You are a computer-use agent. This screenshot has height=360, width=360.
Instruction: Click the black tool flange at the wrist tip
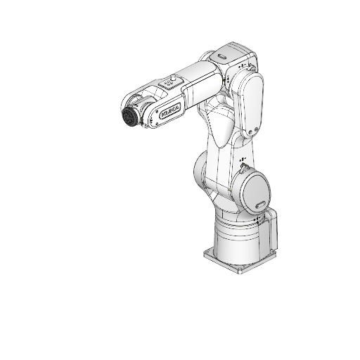pyautogui.click(x=129, y=117)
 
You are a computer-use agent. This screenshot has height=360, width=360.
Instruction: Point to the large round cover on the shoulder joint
pyautogui.click(x=252, y=191)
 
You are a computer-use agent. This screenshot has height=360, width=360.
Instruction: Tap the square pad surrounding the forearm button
pyautogui.click(x=169, y=83)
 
